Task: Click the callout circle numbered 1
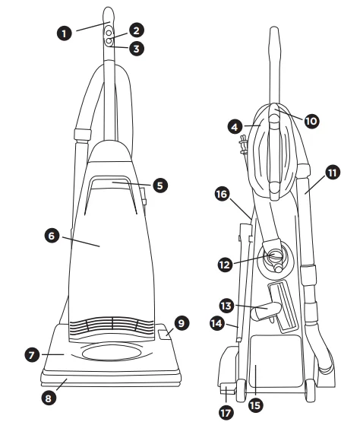click(x=65, y=33)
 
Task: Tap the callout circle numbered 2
click(x=136, y=30)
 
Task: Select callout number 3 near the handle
click(x=136, y=49)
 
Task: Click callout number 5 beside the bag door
click(x=159, y=185)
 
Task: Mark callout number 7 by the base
click(x=32, y=355)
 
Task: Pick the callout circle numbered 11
click(x=330, y=172)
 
